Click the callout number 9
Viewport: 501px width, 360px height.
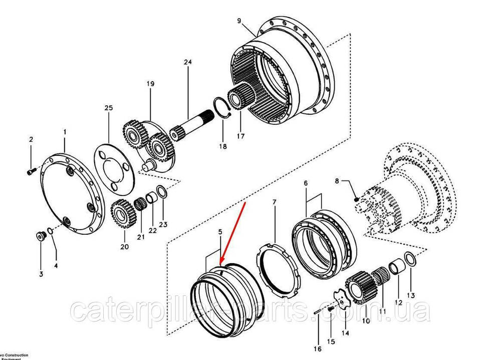(x=239, y=21)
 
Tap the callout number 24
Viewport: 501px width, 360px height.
(x=188, y=62)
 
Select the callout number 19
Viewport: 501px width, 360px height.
(x=150, y=84)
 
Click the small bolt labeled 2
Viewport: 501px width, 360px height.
(x=30, y=171)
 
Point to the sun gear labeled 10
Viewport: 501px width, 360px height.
(x=358, y=288)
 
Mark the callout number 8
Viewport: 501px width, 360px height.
(x=337, y=181)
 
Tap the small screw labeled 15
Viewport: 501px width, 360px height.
(x=331, y=310)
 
